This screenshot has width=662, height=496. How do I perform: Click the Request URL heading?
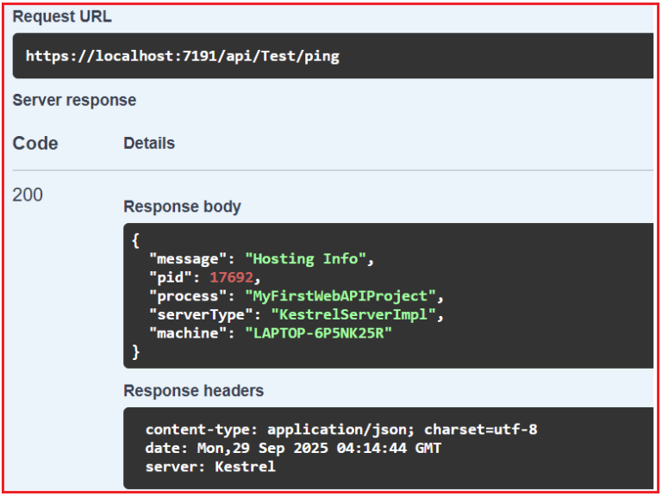(62, 17)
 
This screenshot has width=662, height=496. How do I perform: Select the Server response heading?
(74, 101)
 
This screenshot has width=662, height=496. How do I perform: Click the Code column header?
(35, 144)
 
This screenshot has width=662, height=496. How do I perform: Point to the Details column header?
(149, 144)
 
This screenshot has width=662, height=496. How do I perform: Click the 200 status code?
(28, 195)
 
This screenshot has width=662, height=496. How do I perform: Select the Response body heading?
(182, 207)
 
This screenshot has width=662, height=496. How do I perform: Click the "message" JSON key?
(184, 258)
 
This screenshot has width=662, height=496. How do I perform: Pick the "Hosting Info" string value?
(305, 258)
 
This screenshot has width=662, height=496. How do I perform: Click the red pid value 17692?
(231, 277)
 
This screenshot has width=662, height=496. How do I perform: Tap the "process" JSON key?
(184, 296)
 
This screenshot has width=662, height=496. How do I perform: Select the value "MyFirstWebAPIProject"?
(340, 296)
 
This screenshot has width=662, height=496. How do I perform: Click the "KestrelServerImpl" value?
(353, 314)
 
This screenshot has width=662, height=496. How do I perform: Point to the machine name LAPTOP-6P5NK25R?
(319, 333)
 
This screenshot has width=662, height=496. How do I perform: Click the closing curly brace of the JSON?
(135, 351)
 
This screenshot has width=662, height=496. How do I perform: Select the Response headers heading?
(193, 391)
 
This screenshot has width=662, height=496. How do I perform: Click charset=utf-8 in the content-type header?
(481, 430)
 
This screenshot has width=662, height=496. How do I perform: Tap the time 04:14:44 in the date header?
(372, 448)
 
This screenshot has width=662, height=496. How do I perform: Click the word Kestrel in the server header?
(245, 467)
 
